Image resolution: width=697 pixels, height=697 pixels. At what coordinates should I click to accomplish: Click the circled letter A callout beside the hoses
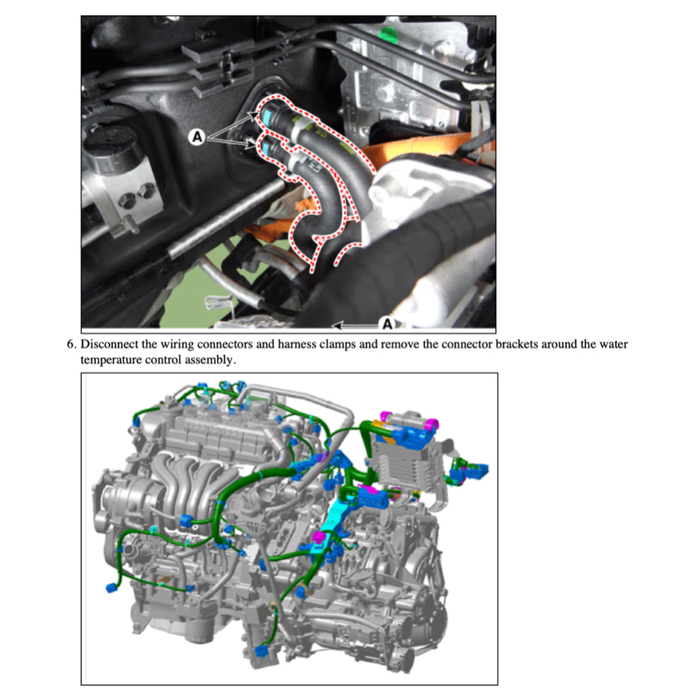pyautogui.click(x=197, y=137)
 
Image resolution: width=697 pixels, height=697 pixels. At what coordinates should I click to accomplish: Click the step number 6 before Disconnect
pyautogui.click(x=70, y=344)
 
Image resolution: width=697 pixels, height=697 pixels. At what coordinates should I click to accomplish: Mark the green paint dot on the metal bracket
pyautogui.click(x=389, y=33)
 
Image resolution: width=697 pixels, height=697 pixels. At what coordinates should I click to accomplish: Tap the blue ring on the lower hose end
pyautogui.click(x=268, y=145)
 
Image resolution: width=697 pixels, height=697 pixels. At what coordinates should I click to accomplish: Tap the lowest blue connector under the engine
pyautogui.click(x=261, y=651)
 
